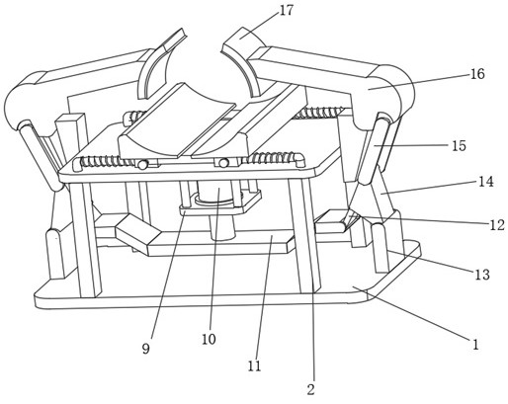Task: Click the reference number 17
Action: click(x=286, y=11)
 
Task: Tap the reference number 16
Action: click(x=477, y=74)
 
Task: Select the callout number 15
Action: click(x=459, y=145)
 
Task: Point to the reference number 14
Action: click(x=486, y=182)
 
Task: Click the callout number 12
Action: click(x=497, y=225)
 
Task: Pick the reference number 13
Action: click(x=482, y=275)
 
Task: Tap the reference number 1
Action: click(x=475, y=345)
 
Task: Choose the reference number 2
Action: click(x=310, y=389)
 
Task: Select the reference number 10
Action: click(x=209, y=339)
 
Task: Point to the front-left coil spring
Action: click(x=105, y=161)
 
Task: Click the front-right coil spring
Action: click(x=274, y=157)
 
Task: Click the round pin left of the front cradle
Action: click(x=142, y=165)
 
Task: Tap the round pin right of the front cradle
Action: click(x=223, y=163)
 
